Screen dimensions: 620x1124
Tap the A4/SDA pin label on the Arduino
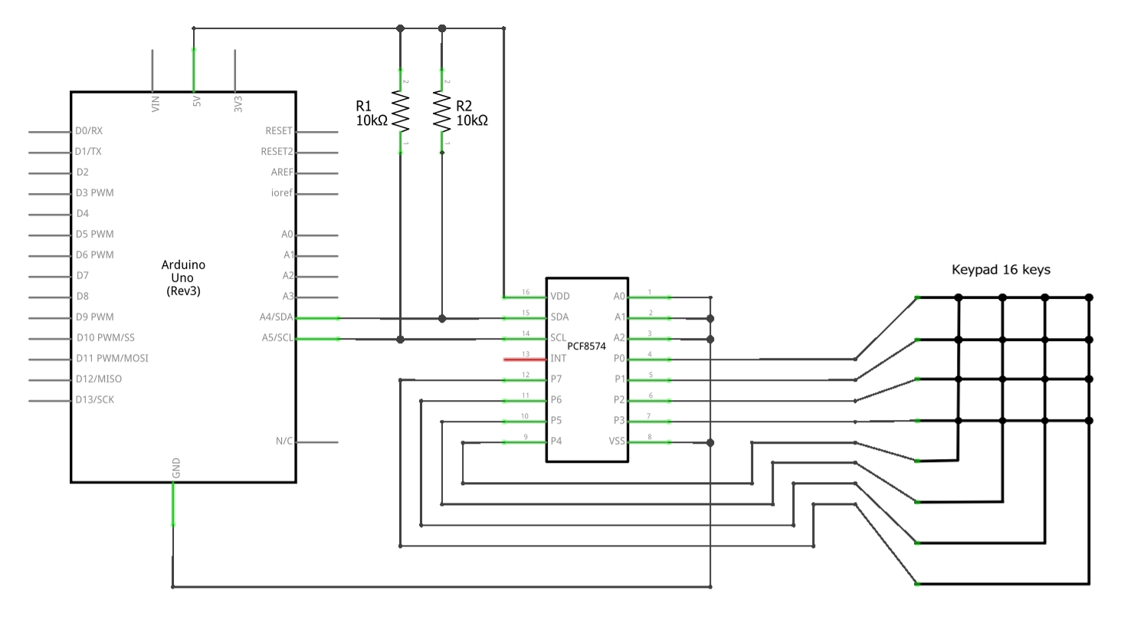[x=276, y=317]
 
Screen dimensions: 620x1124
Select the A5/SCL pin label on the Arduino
[x=277, y=337]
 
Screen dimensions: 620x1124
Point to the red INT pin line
[x=524, y=359]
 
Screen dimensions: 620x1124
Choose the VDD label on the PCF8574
[x=560, y=296]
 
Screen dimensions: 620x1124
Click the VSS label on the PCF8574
[x=617, y=441]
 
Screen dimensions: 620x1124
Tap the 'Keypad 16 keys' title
[x=1001, y=270]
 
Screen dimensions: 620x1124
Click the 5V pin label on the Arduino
[x=197, y=101]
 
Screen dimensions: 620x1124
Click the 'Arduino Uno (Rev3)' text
[x=183, y=277]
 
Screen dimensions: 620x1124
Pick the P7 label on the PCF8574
[x=556, y=379]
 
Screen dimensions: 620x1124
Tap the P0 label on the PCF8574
[x=620, y=358]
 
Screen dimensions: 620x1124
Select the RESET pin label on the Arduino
[x=278, y=131]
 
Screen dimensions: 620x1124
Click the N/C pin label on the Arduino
[x=283, y=441]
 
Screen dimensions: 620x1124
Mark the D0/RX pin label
[x=89, y=131]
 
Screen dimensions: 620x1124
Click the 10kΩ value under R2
[x=472, y=120]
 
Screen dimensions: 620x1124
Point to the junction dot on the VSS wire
[x=711, y=443]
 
